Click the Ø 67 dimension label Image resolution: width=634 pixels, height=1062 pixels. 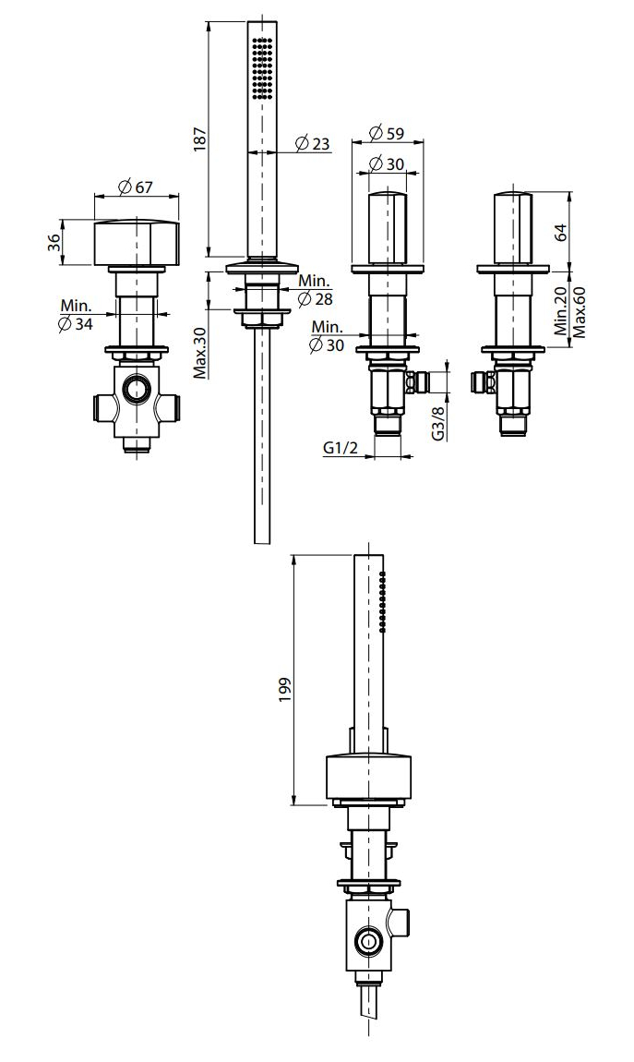(135, 187)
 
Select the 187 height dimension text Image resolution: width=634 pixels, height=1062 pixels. (199, 139)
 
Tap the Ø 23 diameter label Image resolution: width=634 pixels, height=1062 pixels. (313, 143)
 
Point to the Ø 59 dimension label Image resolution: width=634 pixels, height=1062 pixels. (387, 133)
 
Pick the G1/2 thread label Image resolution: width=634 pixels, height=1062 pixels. (339, 447)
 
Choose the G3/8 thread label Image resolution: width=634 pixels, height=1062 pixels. (438, 424)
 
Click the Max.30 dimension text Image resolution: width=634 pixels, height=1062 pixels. (199, 355)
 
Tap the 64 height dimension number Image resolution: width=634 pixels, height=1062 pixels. (560, 232)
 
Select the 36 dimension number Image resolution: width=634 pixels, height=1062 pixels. (54, 243)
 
